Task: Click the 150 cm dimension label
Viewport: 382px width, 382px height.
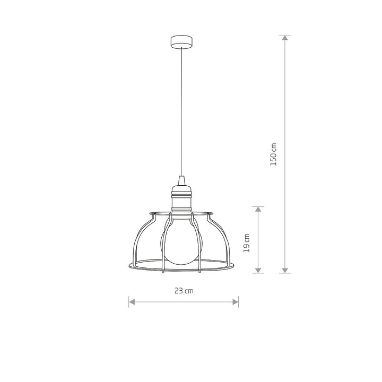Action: [274, 154]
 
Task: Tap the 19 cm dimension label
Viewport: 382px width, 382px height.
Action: [247, 243]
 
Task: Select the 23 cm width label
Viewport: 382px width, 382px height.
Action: [184, 291]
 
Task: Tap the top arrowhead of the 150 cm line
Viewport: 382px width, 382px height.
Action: [285, 38]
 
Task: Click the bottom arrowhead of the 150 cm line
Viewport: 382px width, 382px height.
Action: [285, 270]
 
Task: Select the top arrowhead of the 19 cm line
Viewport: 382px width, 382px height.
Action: [258, 209]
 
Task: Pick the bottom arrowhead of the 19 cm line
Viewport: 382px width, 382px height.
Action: [258, 270]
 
